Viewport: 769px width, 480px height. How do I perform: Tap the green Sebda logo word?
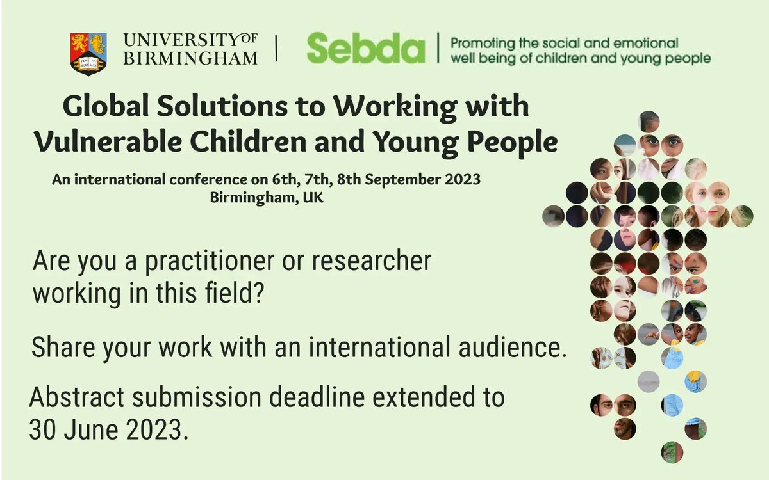(365, 49)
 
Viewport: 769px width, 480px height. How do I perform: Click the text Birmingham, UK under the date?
(266, 197)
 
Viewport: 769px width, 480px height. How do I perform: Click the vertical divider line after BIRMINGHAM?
(277, 49)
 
